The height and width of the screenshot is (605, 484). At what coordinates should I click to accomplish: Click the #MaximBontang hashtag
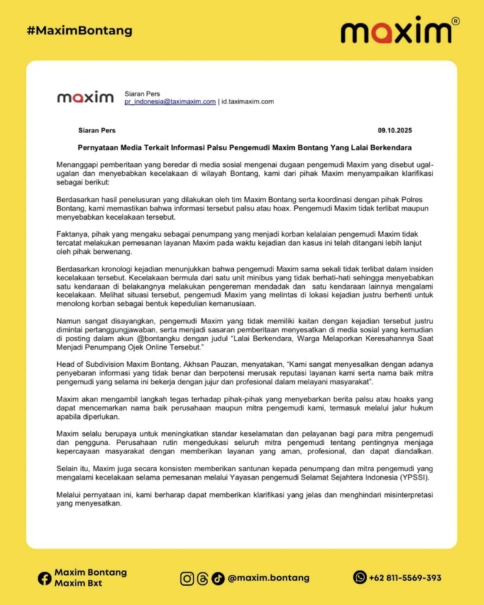(x=80, y=30)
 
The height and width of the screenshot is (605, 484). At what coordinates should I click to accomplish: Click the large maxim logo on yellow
(x=396, y=32)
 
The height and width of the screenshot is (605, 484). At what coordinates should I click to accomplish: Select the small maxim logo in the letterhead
(x=85, y=97)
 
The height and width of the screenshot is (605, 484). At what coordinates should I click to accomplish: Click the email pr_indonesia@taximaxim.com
(x=170, y=101)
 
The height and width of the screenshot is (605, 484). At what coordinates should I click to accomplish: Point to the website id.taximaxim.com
(x=248, y=101)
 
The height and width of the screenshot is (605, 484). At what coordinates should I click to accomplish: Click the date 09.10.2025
(x=395, y=130)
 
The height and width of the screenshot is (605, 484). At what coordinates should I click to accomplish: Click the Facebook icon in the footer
(x=45, y=577)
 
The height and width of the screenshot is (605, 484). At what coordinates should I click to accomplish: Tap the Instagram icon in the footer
(x=187, y=578)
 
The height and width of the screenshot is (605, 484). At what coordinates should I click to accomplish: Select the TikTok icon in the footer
(x=217, y=578)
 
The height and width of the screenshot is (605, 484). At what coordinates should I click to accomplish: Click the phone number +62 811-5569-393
(x=405, y=578)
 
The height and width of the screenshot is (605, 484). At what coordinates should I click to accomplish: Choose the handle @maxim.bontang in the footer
(x=269, y=578)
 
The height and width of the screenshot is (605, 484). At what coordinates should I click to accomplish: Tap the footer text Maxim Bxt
(x=78, y=583)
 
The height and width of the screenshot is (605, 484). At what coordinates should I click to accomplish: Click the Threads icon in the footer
(x=202, y=578)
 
